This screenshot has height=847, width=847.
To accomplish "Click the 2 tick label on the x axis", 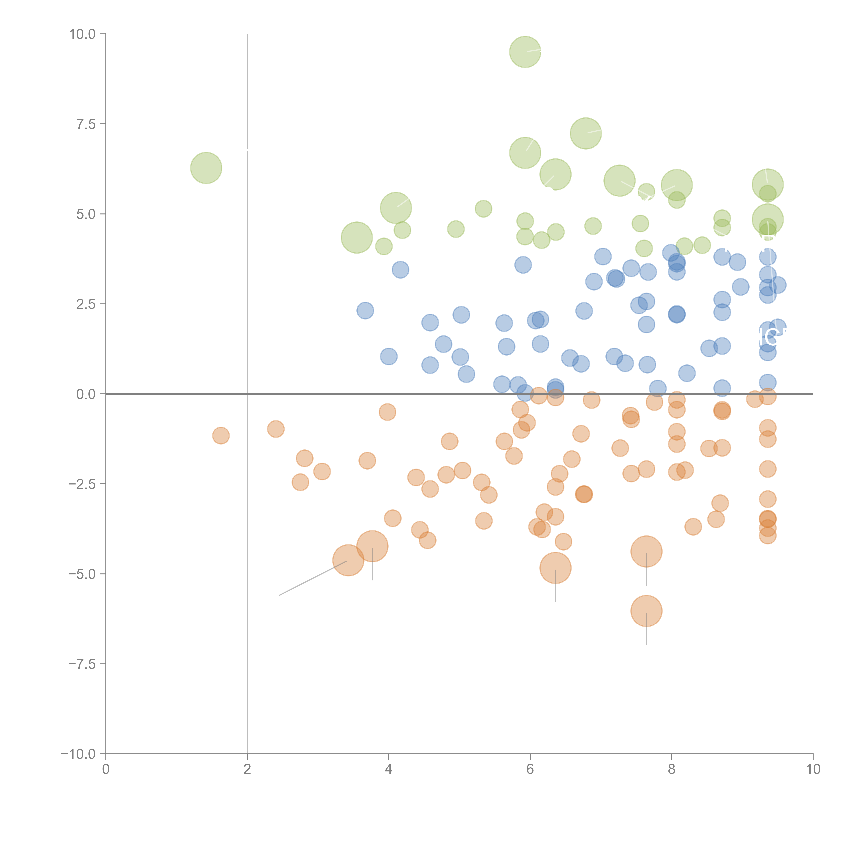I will click(x=247, y=769).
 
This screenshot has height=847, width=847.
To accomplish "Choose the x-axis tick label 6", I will click(x=530, y=769).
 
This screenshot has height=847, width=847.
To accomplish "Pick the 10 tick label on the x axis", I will click(x=813, y=769).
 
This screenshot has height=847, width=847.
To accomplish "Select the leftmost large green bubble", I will click(x=206, y=168).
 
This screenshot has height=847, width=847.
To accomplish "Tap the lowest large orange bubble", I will click(x=646, y=611).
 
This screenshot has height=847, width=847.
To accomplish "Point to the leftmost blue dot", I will click(x=365, y=310).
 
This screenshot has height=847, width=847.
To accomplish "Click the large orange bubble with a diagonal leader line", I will click(x=348, y=560).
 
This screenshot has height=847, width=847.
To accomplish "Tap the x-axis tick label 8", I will click(x=672, y=769).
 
